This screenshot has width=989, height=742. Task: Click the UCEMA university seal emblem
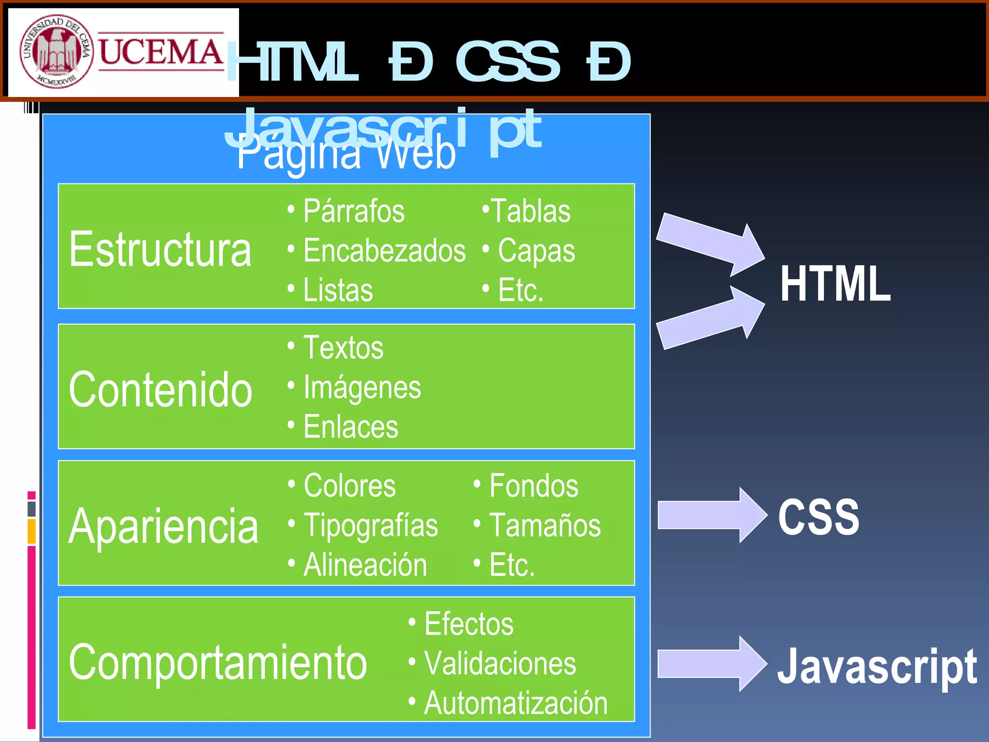tap(56, 51)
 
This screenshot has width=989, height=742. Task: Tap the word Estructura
tap(160, 249)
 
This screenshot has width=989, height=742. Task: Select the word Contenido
tap(160, 389)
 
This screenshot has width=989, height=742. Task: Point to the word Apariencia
tap(163, 526)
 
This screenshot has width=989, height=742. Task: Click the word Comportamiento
tap(218, 662)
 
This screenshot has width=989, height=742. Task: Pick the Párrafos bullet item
tap(353, 211)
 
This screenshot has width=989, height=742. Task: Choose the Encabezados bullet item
tap(384, 251)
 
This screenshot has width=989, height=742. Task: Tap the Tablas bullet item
tap(530, 211)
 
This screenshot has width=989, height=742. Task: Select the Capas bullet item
tap(536, 251)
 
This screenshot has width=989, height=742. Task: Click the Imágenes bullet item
tap(362, 388)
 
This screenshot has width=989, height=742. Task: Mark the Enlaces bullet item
tap(351, 427)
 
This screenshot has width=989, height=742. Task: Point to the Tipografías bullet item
tap(370, 526)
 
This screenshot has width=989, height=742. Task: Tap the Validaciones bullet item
tap(500, 663)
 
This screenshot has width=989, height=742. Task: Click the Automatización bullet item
tap(515, 703)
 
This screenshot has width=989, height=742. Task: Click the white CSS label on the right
tap(819, 517)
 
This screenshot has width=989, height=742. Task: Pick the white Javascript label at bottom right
tap(877, 666)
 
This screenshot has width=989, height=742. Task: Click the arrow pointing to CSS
tap(710, 515)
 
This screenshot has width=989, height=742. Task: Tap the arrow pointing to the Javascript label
tap(710, 664)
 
